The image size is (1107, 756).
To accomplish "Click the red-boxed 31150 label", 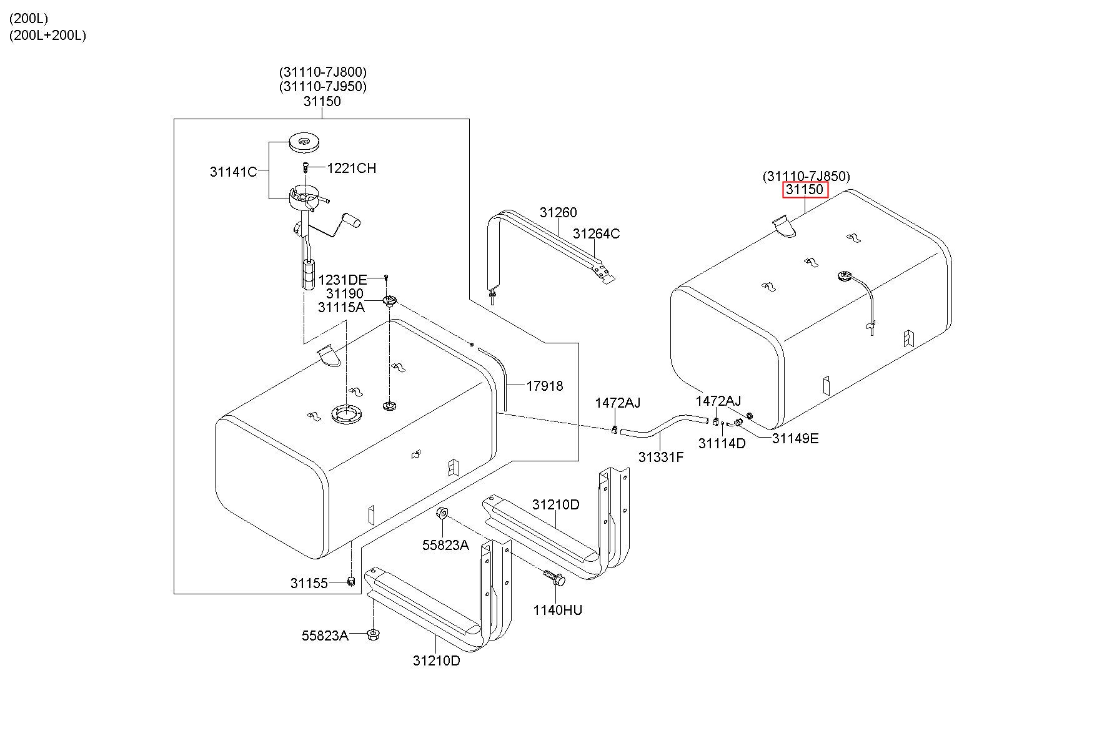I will click(x=805, y=190).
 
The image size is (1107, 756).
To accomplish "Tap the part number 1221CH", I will click(x=351, y=168).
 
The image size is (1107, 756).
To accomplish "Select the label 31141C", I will click(x=233, y=172).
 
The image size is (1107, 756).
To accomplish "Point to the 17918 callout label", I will click(x=544, y=386).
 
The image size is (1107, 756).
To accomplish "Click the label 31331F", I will click(x=660, y=457).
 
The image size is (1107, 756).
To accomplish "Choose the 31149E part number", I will click(x=795, y=438).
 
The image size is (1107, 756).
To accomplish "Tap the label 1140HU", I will click(x=557, y=610).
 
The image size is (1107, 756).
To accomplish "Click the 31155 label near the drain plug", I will click(x=309, y=583).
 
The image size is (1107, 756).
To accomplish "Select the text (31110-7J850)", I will click(x=806, y=177).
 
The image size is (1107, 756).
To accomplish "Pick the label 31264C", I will click(x=596, y=233).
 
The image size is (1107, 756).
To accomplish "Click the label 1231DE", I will click(x=342, y=280).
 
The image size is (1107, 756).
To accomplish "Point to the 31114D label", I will click(x=722, y=443).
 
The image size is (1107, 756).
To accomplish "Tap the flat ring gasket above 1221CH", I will click(x=304, y=142).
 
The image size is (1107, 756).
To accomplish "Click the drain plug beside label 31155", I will click(x=351, y=582).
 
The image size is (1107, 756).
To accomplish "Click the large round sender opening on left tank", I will click(x=346, y=414).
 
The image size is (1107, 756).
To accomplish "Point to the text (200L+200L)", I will click(x=47, y=36).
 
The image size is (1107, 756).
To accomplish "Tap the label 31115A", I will click(x=340, y=307).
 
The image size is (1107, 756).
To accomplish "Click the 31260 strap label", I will click(x=558, y=212).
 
